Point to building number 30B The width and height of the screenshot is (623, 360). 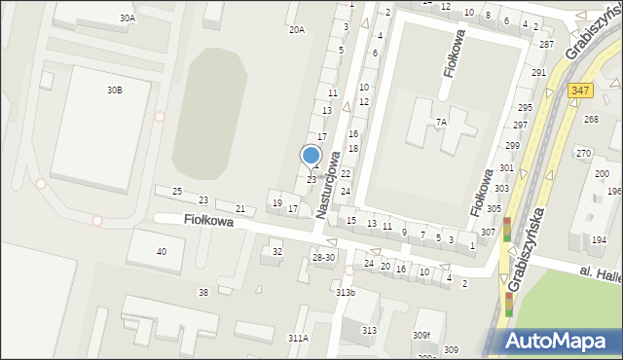pyautogui.click(x=115, y=90)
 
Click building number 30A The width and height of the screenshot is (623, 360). pyautogui.click(x=128, y=18)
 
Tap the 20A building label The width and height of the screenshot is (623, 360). pyautogui.click(x=296, y=30)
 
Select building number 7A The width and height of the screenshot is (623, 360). pyautogui.click(x=441, y=122)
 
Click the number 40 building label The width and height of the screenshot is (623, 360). pyautogui.click(x=162, y=252)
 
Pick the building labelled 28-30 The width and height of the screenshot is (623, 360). pyautogui.click(x=323, y=257)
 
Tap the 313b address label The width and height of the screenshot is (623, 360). pyautogui.click(x=346, y=293)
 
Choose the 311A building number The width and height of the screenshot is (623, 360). pyautogui.click(x=298, y=338)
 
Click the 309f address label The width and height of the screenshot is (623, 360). pyautogui.click(x=421, y=336)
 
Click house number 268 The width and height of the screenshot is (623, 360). pyautogui.click(x=591, y=119)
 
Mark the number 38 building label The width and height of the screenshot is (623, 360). pyautogui.click(x=203, y=292)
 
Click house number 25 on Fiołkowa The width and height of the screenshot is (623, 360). pyautogui.click(x=176, y=192)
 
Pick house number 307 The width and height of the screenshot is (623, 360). pyautogui.click(x=487, y=232)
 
